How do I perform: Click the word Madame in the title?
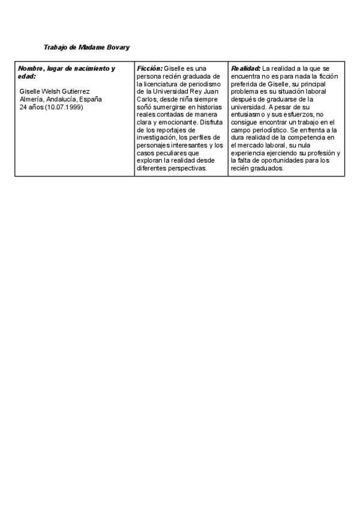click(x=91, y=47)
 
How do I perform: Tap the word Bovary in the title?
click(x=118, y=47)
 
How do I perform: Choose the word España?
click(x=89, y=99)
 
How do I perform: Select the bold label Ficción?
click(x=150, y=68)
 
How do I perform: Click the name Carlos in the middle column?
click(x=146, y=99)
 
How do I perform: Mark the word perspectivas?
click(x=188, y=168)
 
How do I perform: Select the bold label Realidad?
click(x=245, y=68)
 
